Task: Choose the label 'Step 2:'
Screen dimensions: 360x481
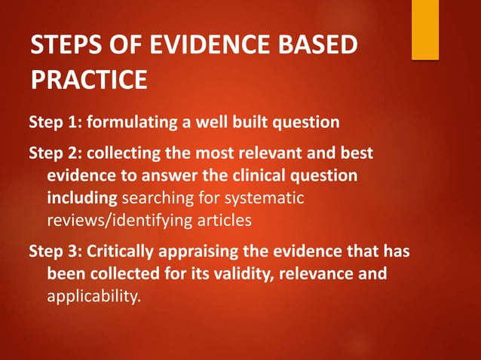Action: tap(54, 154)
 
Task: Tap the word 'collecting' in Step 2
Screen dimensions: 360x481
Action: tap(122, 154)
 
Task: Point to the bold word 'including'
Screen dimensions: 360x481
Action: tap(81, 198)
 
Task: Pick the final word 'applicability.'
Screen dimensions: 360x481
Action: tap(93, 296)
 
